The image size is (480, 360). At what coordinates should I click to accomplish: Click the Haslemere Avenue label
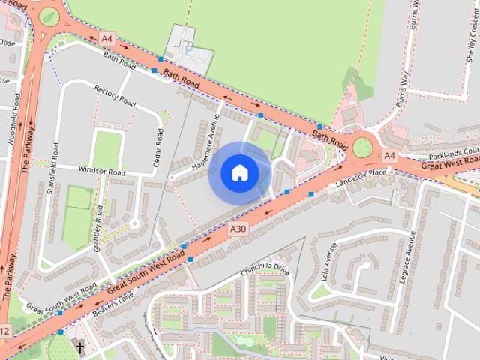[205, 142]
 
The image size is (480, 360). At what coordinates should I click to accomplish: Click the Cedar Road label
[158, 146]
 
